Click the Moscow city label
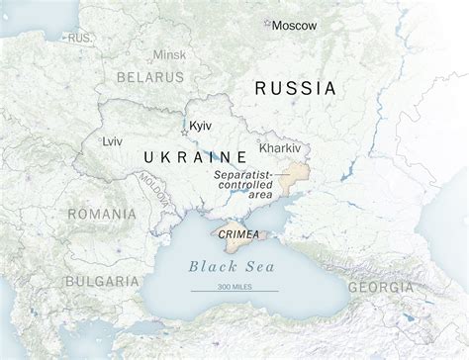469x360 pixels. click(294, 25)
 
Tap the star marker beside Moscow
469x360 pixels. click(264, 22)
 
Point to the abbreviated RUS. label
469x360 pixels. click(80, 37)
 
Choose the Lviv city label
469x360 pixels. click(113, 141)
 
